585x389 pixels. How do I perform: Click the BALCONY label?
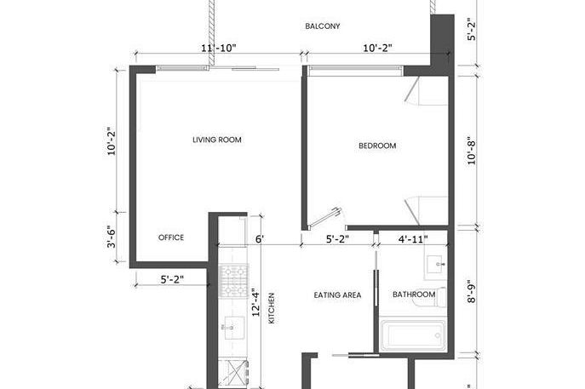point(323,26)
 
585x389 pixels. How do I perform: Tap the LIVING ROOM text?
point(218,140)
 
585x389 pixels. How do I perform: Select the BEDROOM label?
point(376,146)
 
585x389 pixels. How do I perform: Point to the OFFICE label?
point(171,237)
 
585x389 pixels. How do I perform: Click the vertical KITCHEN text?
point(272,308)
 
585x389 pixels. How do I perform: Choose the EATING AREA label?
point(337,295)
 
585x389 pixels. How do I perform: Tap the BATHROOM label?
point(414,295)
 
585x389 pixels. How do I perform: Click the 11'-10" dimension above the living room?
point(218,49)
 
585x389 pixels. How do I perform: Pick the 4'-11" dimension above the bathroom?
point(413,239)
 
